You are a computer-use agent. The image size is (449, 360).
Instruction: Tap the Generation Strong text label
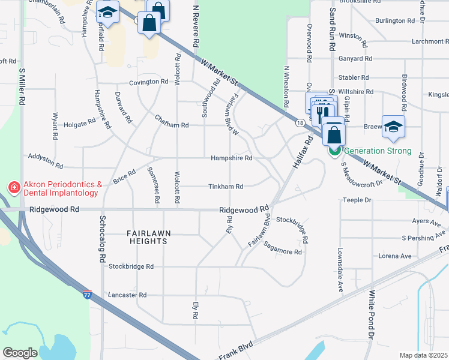coord(378,151)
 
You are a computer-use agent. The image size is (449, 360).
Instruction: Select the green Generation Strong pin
coord(334,150)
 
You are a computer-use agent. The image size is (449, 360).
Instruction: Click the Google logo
coord(20,353)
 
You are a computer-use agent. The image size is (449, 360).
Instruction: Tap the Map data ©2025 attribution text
coord(423,355)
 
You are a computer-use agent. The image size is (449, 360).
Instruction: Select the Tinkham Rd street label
coord(226,187)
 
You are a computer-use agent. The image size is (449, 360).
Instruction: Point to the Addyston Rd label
coord(46,160)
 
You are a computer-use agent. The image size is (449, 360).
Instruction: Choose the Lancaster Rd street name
coord(127,295)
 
